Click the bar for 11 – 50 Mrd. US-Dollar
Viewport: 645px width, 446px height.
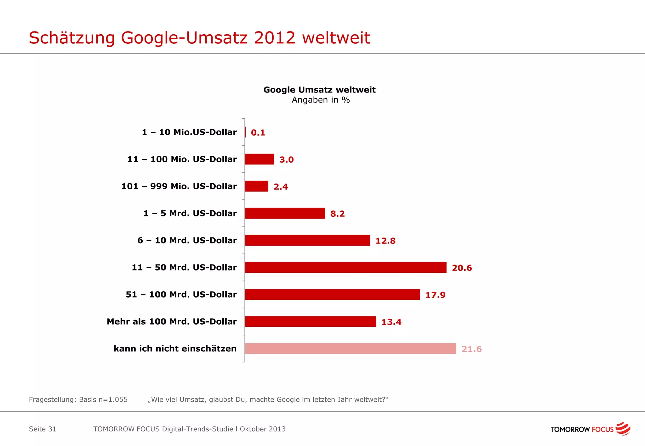tap(345, 267)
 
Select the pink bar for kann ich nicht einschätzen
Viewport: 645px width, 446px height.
tap(350, 348)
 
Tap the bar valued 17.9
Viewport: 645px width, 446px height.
tap(332, 294)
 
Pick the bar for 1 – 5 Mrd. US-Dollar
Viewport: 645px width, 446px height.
tap(285, 213)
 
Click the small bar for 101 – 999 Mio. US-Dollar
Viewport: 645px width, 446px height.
tap(256, 186)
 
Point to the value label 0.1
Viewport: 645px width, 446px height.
tap(258, 133)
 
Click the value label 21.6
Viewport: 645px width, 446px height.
tap(471, 349)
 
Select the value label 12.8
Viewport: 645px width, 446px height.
tap(385, 241)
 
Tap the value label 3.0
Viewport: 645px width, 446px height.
tap(286, 160)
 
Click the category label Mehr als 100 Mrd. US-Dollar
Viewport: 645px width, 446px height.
tap(172, 321)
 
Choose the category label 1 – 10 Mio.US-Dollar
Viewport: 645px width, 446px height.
tap(189, 132)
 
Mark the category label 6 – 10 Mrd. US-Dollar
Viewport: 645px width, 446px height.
tap(187, 240)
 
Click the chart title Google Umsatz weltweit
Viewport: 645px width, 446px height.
tap(319, 90)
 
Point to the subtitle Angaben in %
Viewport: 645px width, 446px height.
tap(321, 100)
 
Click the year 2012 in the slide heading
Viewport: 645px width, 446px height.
tap(275, 38)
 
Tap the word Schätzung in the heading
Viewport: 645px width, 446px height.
tap(72, 38)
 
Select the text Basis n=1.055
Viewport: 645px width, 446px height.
tap(103, 399)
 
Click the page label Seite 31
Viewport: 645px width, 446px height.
tap(43, 429)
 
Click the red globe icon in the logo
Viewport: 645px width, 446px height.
tap(623, 429)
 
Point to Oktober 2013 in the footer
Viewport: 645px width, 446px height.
tap(263, 429)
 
